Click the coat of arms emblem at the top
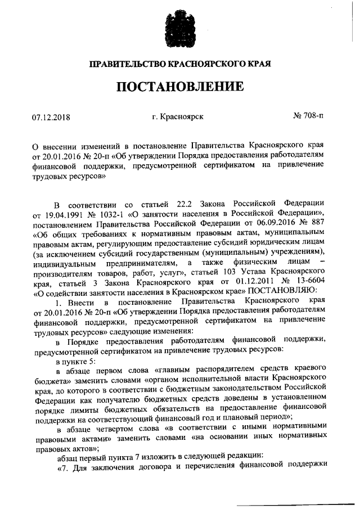180,25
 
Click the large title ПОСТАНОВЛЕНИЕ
180,87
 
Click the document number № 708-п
309,117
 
